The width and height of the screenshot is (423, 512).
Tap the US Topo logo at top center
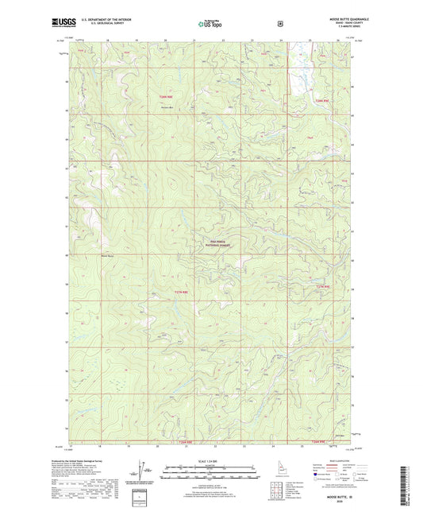click(210, 24)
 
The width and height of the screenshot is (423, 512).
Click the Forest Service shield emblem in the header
click(279, 24)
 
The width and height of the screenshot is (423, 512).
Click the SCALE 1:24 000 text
click(211, 461)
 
